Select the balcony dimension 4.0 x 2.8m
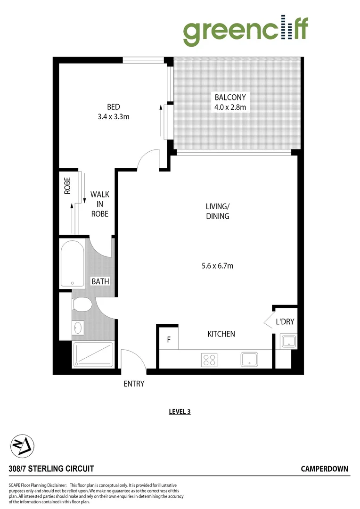(230, 107)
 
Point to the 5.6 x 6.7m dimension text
(217, 266)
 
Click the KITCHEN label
(221, 334)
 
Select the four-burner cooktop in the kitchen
(209, 360)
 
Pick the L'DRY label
(285, 322)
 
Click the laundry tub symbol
(288, 341)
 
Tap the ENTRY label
(134, 384)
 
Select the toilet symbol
(82, 304)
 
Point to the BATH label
(100, 281)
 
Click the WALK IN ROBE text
(99, 204)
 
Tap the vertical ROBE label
(67, 185)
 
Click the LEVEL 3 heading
(180, 411)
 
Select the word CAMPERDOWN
(324, 468)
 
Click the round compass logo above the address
(22, 445)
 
